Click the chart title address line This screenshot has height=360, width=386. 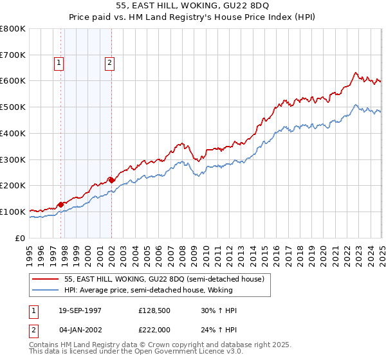click(x=193, y=6)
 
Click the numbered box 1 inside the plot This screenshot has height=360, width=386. click(x=59, y=63)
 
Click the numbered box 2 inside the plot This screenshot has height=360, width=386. click(x=110, y=63)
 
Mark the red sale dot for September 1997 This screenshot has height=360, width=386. click(x=61, y=204)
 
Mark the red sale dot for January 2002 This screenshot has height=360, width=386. click(x=112, y=180)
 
